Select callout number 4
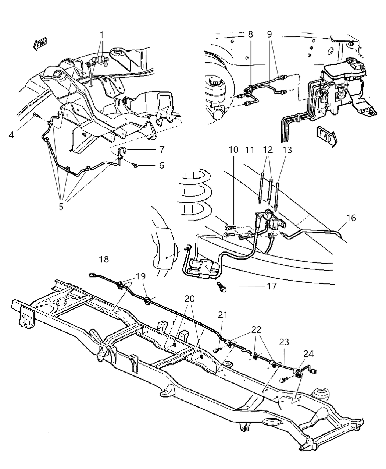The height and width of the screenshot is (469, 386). click(12, 135)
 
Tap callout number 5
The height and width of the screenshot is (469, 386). click(61, 207)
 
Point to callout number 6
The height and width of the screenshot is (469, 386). click(162, 166)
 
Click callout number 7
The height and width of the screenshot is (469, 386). click(162, 150)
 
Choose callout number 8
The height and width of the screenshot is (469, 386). click(250, 34)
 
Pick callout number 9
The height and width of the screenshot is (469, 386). click(269, 34)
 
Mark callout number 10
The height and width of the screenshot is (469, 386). click(233, 150)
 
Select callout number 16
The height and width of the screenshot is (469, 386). click(351, 218)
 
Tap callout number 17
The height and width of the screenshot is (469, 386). click(272, 286)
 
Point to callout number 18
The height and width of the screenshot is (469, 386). click(104, 260)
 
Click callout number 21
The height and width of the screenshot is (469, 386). click(223, 315)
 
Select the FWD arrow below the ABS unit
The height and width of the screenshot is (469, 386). click(326, 135)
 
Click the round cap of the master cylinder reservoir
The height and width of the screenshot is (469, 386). click(214, 81)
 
